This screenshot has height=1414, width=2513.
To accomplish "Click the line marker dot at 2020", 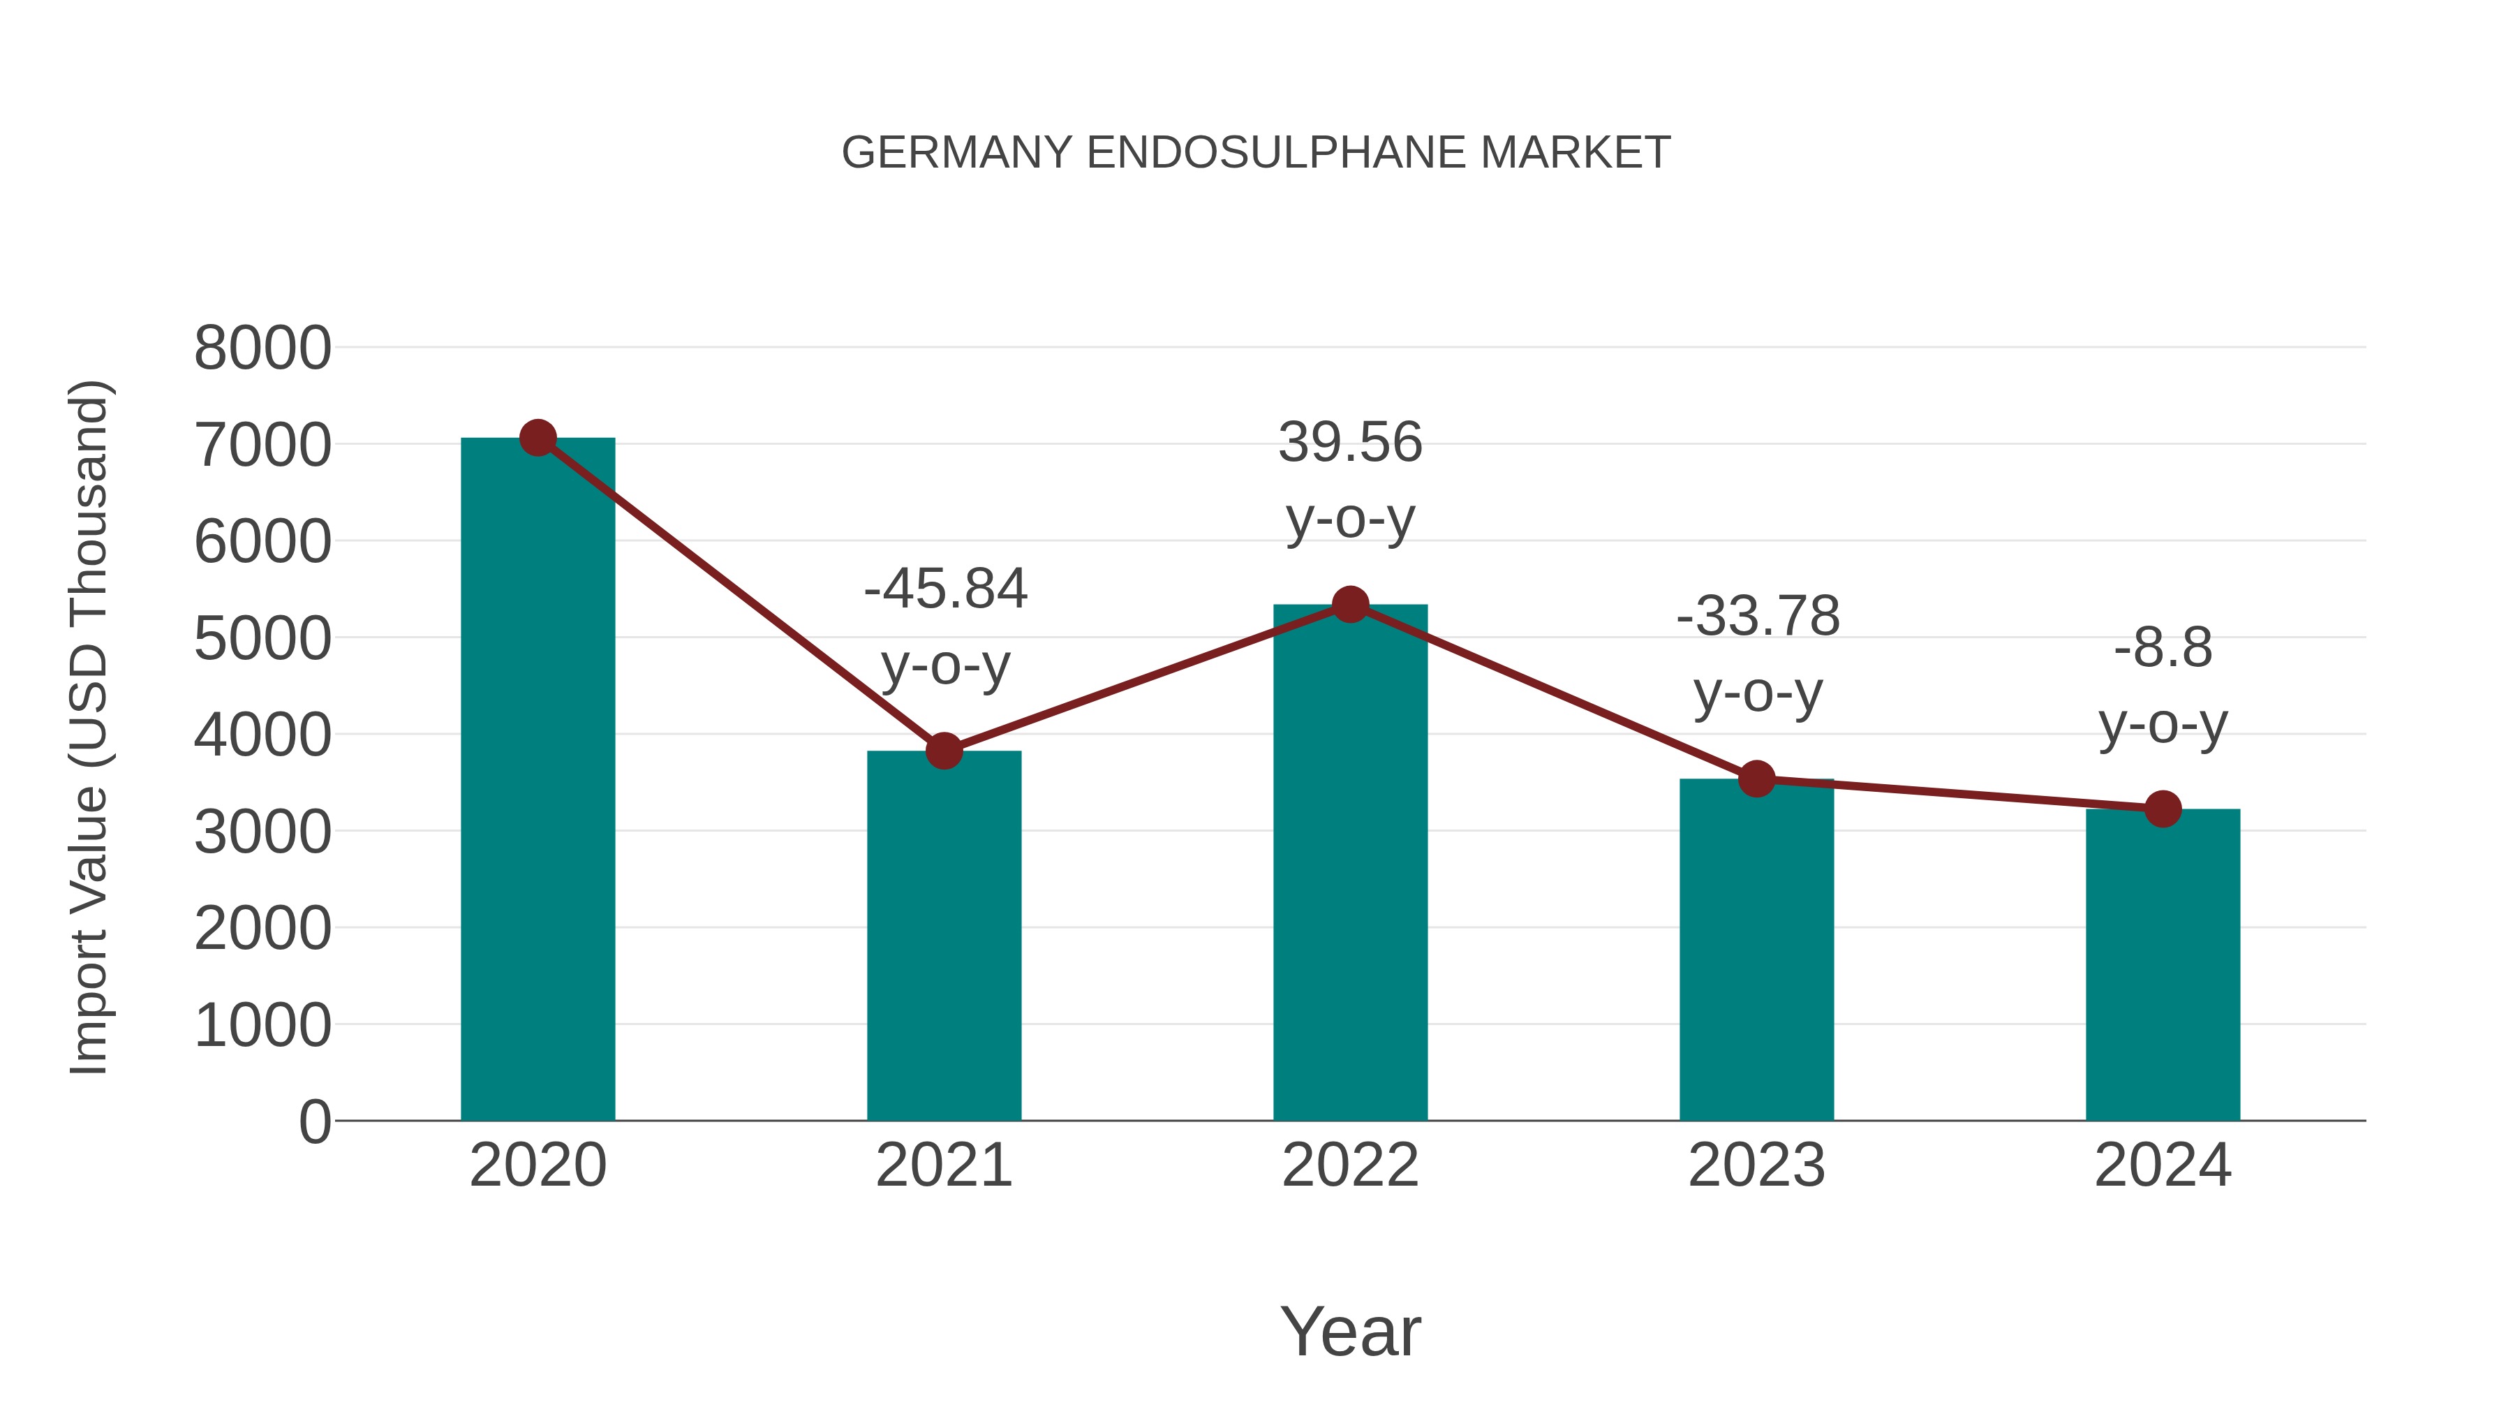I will (538, 438).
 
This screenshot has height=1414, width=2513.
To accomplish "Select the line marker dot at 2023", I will (1756, 779).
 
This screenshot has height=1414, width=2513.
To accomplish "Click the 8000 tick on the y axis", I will (262, 348).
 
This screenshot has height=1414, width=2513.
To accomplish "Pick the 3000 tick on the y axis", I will (262, 832).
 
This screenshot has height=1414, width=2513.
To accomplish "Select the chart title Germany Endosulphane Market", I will (1256, 153).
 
